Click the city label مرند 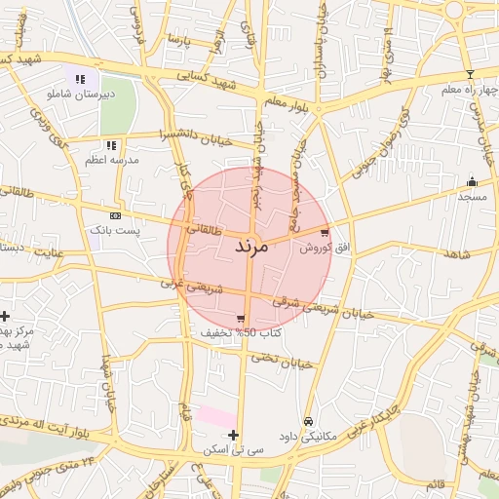click(x=250, y=247)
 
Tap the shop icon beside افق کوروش click(x=324, y=233)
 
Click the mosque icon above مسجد click(x=473, y=181)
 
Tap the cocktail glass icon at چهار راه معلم click(x=470, y=74)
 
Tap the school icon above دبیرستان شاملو click(x=80, y=79)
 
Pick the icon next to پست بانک click(x=116, y=215)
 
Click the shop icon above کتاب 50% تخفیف click(x=241, y=319)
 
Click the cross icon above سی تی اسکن click(x=233, y=435)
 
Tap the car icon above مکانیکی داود click(x=308, y=421)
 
